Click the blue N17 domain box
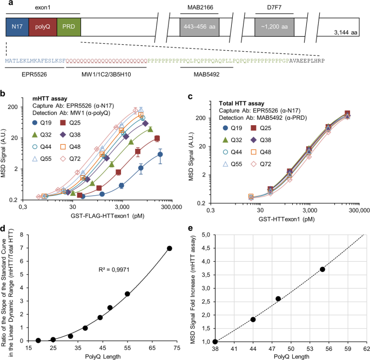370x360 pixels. point(17,26)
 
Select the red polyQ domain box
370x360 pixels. point(43,26)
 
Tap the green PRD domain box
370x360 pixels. point(69,26)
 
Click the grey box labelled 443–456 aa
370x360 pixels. point(199,27)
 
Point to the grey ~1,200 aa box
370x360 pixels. point(274,27)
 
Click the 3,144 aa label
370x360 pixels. point(346,32)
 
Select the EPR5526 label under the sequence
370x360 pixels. point(34,74)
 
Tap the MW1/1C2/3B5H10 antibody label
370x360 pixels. point(106,74)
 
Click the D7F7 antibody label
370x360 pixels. point(274,8)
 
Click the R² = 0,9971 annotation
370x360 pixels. point(114,269)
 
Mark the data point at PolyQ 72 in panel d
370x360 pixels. point(170,248)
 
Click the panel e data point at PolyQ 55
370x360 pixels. point(322,269)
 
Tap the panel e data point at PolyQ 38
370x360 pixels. point(215,342)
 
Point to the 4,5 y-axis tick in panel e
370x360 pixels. point(206,248)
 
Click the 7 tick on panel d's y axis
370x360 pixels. point(22,248)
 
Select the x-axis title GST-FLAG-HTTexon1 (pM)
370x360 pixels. point(107,216)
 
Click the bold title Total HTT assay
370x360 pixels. point(241,103)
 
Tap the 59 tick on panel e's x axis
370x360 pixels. point(348,349)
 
